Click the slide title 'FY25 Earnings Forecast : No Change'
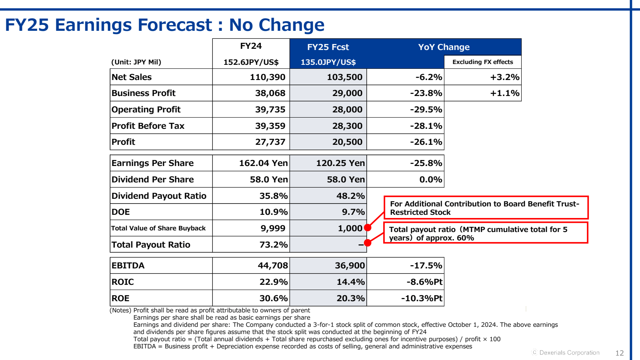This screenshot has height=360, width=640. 164,25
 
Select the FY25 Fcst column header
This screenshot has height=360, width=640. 328,47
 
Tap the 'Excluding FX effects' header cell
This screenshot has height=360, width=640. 482,62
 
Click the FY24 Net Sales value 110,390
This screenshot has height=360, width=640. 267,77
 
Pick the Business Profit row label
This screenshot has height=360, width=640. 143,93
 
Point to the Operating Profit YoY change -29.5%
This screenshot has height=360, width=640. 426,110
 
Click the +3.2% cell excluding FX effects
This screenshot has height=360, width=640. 504,77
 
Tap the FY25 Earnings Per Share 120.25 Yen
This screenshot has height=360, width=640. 340,163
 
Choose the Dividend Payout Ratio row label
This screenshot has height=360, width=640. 159,196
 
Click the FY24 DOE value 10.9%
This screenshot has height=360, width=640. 273,212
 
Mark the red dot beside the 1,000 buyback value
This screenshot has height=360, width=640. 368,228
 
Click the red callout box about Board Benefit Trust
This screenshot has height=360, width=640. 486,208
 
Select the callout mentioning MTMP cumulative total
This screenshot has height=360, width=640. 485,233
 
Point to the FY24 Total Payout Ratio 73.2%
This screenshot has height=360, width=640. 273,245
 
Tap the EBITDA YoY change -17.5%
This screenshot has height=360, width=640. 426,266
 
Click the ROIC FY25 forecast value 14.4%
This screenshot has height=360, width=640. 350,282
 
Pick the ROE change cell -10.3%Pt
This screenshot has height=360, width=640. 422,298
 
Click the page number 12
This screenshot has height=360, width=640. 619,353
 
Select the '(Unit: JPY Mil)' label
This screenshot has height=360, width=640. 136,62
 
